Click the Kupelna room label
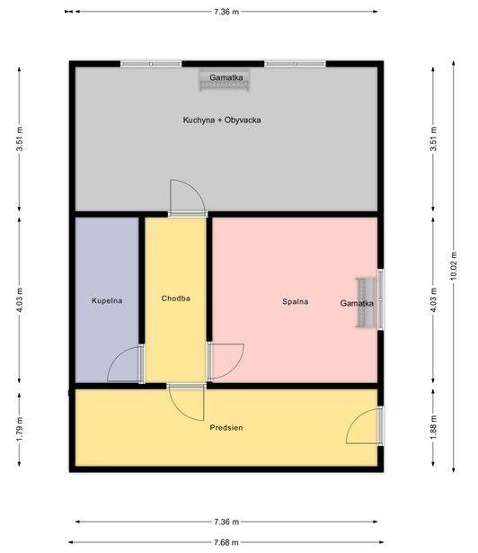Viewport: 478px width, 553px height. pos(107,301)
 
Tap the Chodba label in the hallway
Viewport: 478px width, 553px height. pos(175,299)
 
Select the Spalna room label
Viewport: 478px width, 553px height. pos(295,301)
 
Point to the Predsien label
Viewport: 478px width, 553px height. pos(226,428)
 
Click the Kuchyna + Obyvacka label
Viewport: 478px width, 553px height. pos(222,120)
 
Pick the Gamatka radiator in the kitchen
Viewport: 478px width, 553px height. pos(225,80)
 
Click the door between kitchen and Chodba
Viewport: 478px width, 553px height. pos(187,198)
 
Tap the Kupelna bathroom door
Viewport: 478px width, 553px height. pos(126,364)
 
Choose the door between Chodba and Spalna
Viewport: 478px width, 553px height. pos(226,361)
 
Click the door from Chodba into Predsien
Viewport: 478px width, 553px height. pos(186,403)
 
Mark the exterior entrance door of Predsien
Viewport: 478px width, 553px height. pos(365,425)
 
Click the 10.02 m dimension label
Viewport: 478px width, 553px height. pos(454,265)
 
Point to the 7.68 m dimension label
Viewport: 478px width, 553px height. pos(226,542)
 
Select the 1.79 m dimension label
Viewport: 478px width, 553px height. pos(20,429)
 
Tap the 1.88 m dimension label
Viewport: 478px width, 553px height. pos(433,427)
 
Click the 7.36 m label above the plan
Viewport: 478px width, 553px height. pos(226,12)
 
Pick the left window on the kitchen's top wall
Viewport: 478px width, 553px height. pos(151,64)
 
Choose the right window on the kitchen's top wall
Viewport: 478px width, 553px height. pos(296,64)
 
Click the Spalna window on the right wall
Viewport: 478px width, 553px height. pos(381,299)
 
